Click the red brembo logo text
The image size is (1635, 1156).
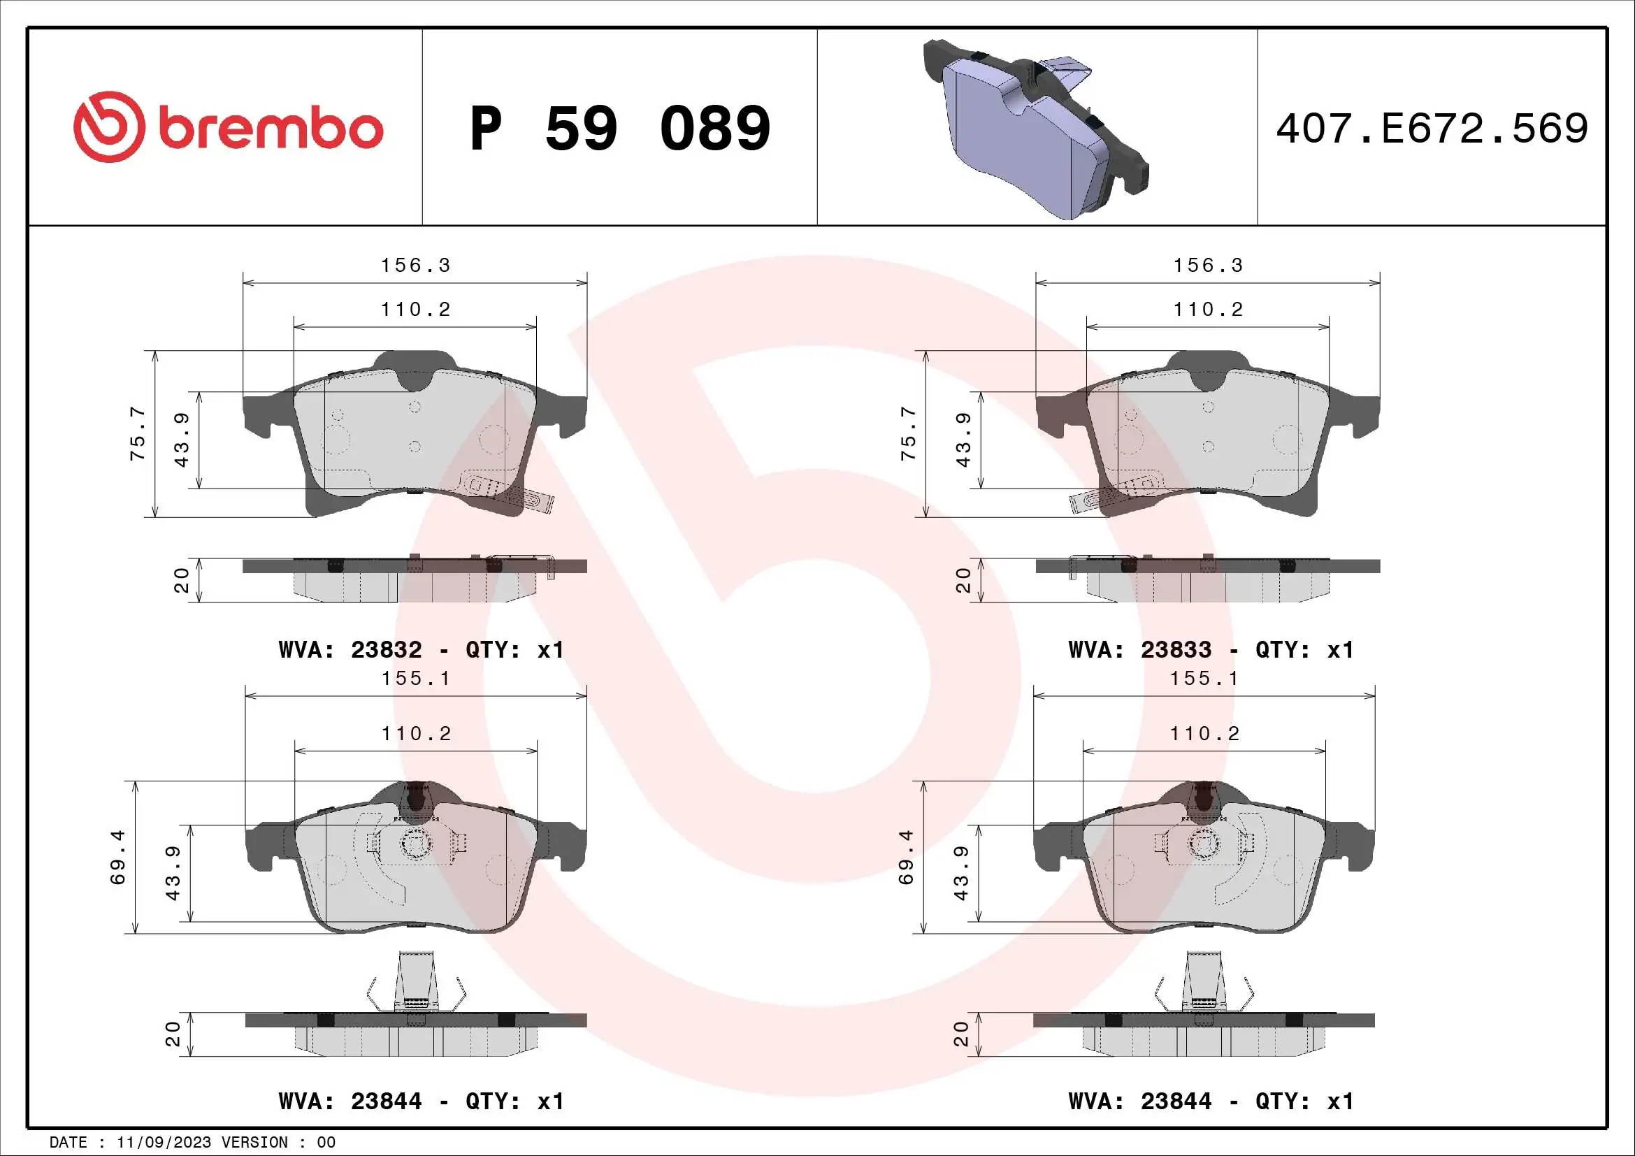[x=271, y=129]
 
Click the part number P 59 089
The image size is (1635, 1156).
[x=619, y=129]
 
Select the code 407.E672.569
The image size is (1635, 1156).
[x=1432, y=129]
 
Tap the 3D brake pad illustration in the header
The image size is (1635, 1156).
[x=1036, y=128]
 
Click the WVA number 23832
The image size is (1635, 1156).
[x=386, y=650]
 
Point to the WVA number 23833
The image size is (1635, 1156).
[x=1176, y=650]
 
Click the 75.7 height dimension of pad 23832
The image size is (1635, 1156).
[x=138, y=433]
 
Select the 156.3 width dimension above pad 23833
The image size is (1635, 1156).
[x=1208, y=266]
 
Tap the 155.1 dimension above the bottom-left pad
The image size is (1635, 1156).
[x=416, y=679]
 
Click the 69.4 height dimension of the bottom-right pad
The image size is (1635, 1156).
[x=906, y=857]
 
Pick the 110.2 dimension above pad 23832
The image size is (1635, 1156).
[x=416, y=310]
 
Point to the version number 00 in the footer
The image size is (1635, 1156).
[x=326, y=1142]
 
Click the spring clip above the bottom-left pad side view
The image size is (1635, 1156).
[x=417, y=982]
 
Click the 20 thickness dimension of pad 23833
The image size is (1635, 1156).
[x=963, y=580]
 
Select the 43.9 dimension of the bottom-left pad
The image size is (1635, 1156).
[x=173, y=874]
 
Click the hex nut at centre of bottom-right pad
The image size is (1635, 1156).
[x=1204, y=845]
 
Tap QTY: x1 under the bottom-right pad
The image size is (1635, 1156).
[x=1304, y=1101]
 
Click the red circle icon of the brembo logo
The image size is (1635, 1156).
[x=104, y=127]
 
